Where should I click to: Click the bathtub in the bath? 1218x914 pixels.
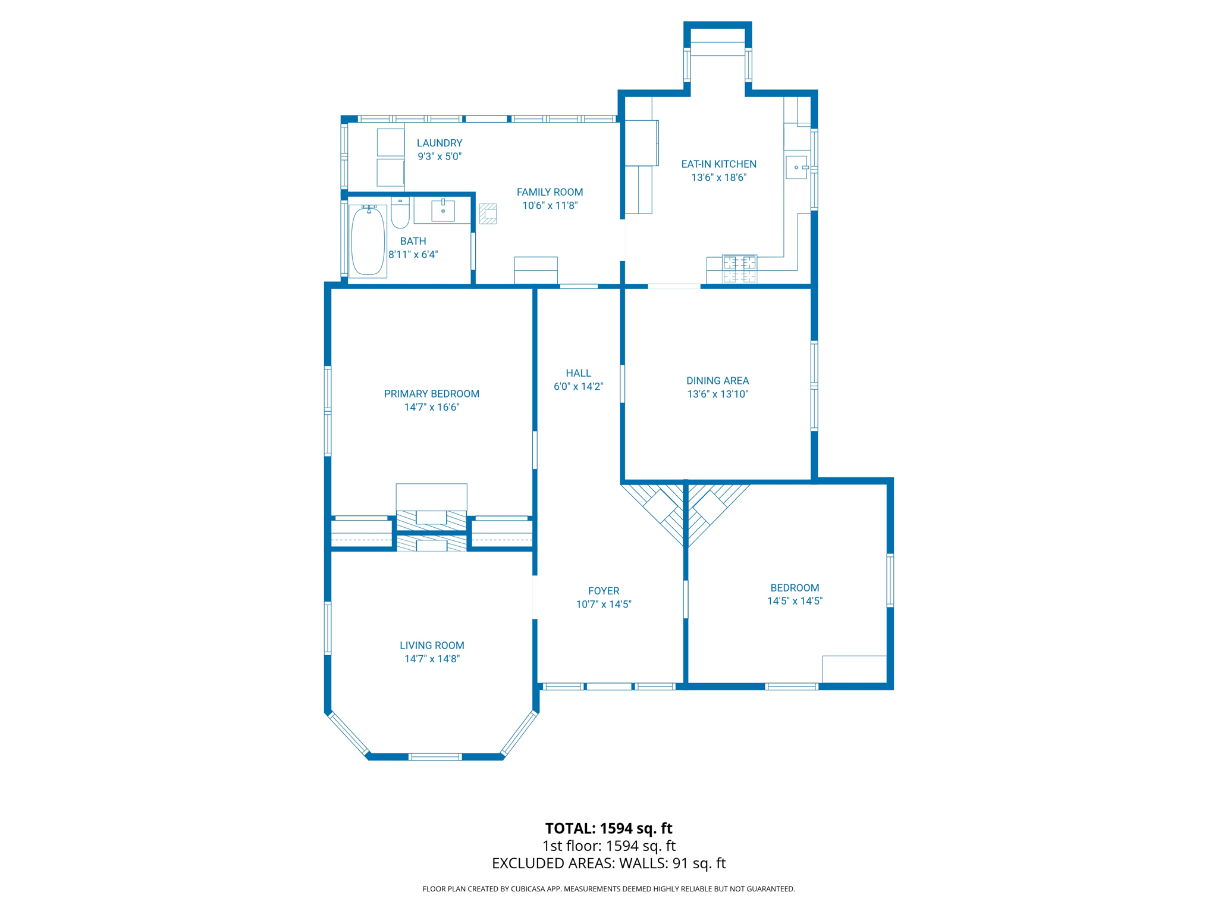(368, 242)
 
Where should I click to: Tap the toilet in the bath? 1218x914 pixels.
(400, 215)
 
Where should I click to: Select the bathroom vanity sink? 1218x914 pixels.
(443, 211)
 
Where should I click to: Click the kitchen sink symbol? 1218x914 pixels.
(796, 167)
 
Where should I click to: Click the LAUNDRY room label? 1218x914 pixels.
(440, 143)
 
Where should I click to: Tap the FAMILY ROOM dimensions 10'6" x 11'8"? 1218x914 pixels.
(550, 206)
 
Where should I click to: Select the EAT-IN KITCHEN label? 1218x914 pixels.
(718, 164)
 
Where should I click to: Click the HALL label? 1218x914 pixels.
(578, 373)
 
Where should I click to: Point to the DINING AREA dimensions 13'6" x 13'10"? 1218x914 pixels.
(717, 394)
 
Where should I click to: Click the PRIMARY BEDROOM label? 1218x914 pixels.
(431, 394)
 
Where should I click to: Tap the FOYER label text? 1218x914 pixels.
(603, 591)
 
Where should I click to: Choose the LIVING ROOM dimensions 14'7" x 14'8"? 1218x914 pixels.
(432, 659)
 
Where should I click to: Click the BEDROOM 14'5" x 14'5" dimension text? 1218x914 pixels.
(794, 601)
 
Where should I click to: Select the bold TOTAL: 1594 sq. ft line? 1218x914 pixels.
(608, 828)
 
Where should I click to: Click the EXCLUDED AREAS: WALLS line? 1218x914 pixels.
(608, 863)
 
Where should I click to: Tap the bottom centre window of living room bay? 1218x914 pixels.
(435, 757)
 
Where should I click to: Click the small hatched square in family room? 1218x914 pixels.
(488, 214)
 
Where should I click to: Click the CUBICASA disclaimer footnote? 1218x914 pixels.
(608, 889)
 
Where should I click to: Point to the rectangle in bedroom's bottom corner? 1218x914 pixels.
(854, 669)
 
